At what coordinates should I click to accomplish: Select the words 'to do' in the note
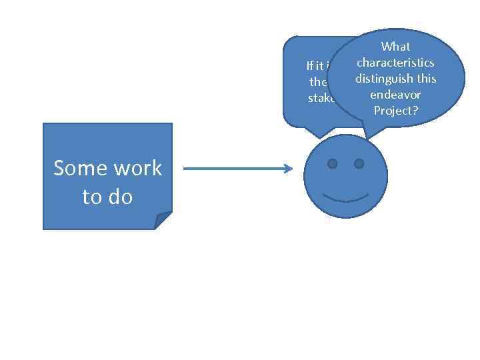(x=107, y=197)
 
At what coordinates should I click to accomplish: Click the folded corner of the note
(x=163, y=221)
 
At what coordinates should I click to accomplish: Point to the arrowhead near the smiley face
(x=289, y=169)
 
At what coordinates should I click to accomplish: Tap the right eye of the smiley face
(x=359, y=163)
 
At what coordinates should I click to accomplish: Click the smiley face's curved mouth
(x=345, y=197)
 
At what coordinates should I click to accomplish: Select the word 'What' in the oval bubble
(x=395, y=47)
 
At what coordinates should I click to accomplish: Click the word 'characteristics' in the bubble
(x=395, y=63)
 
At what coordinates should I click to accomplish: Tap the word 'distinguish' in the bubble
(x=383, y=79)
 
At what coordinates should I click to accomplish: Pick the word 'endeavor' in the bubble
(x=395, y=95)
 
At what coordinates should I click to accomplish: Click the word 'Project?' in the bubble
(x=395, y=111)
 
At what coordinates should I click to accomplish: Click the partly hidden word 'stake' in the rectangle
(x=321, y=98)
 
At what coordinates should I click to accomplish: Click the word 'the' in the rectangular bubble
(x=318, y=82)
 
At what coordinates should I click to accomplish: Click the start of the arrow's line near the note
(x=185, y=169)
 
